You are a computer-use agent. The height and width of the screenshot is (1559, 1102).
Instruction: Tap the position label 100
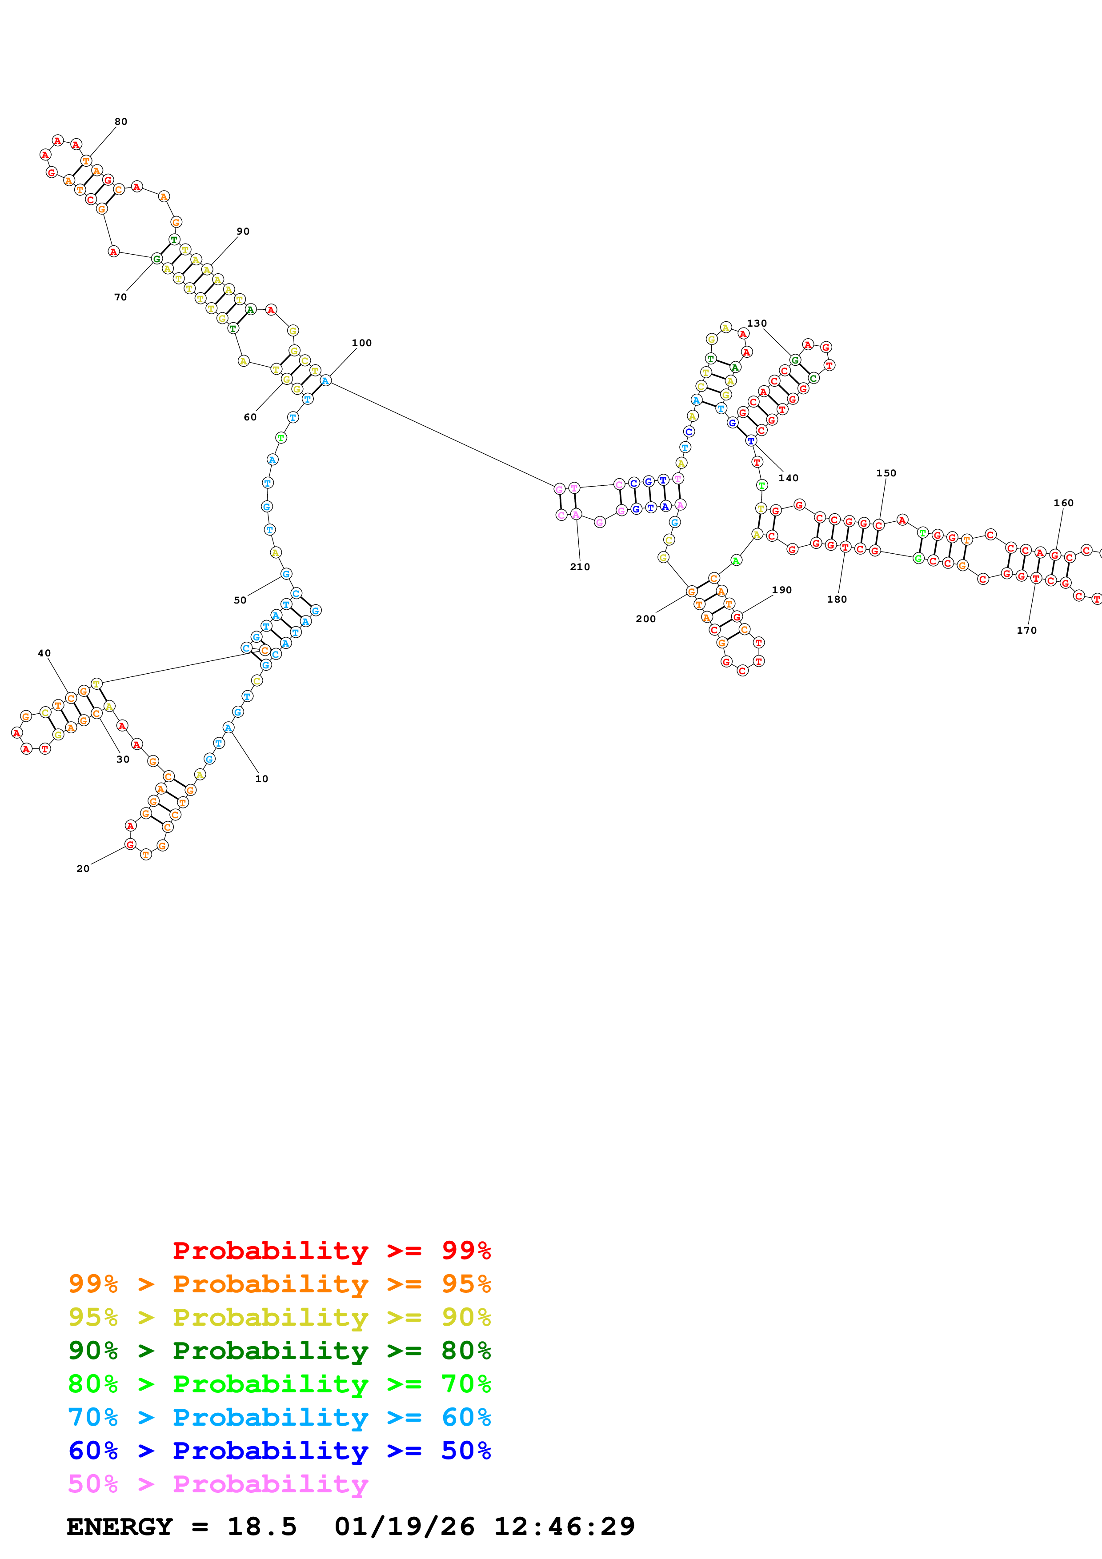click(362, 344)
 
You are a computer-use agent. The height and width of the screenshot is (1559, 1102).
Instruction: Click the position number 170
click(1026, 631)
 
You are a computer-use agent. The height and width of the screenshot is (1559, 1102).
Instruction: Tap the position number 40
click(44, 654)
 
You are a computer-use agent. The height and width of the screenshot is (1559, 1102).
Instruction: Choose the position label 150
click(886, 473)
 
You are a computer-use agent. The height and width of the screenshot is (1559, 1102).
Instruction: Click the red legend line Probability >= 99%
click(331, 1251)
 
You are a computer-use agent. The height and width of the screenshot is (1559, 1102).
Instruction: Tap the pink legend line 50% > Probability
click(217, 1484)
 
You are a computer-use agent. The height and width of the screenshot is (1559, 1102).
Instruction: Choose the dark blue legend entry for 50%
click(279, 1451)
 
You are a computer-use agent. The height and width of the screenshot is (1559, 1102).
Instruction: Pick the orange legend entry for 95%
click(279, 1284)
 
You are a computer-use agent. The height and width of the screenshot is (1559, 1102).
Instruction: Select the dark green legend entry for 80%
click(279, 1351)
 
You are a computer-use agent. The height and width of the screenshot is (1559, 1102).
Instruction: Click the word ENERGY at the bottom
click(120, 1527)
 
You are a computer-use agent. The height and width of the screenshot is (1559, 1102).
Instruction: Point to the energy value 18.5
click(262, 1527)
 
